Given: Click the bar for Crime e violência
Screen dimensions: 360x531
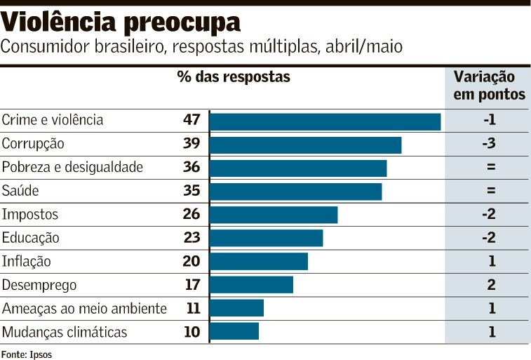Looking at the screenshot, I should [x=325, y=121].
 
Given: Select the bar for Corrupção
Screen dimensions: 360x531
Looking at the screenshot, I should [x=305, y=145].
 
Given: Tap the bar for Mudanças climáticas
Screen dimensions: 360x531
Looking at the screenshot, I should [x=234, y=331].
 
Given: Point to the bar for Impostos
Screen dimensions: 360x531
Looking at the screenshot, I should [x=274, y=215].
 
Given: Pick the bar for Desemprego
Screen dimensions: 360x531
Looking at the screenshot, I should [x=251, y=284].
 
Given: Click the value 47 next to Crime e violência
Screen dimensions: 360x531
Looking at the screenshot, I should [x=191, y=120].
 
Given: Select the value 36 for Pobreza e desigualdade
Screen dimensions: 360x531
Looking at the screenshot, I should [x=191, y=167].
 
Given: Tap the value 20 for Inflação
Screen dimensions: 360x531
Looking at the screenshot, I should [x=191, y=261].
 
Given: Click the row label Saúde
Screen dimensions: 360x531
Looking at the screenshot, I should [x=20, y=191].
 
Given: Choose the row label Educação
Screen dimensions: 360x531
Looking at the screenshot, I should [x=30, y=238].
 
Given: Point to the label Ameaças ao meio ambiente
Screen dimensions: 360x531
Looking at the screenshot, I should [x=84, y=308].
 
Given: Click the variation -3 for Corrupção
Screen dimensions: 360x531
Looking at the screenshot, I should [x=490, y=144].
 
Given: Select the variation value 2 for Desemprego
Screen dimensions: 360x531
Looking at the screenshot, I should [x=491, y=284].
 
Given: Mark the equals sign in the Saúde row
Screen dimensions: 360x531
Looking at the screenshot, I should [x=490, y=191].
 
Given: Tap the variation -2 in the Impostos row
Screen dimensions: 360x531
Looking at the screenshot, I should [x=490, y=214].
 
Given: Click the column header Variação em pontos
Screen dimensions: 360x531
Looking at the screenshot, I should [x=489, y=86].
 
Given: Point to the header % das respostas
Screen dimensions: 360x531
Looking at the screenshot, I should [x=233, y=77].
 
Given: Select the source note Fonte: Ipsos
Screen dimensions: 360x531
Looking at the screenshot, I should [x=27, y=354].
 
